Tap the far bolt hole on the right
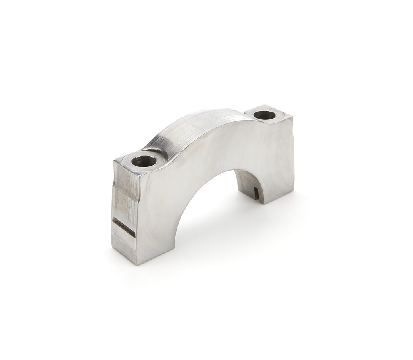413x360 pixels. tap(265, 115)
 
